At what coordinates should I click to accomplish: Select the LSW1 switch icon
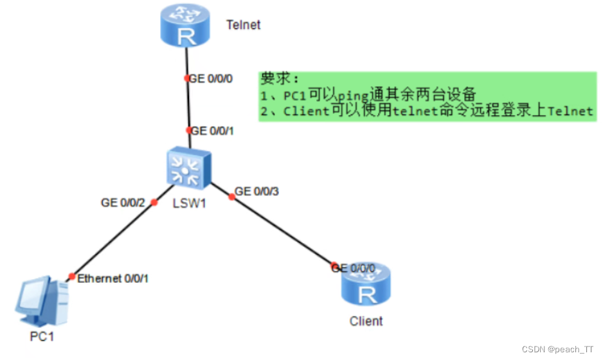(x=186, y=169)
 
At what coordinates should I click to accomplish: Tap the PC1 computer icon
(x=42, y=302)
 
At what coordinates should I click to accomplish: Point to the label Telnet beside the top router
(x=244, y=25)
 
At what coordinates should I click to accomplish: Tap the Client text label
(x=366, y=321)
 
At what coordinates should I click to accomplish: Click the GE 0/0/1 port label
(x=213, y=130)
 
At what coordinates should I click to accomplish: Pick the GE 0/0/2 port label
(x=122, y=203)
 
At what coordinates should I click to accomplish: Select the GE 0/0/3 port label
(x=256, y=191)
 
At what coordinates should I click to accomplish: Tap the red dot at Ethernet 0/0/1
(x=71, y=276)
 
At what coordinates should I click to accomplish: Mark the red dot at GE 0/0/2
(x=154, y=203)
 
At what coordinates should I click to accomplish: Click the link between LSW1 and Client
(x=283, y=231)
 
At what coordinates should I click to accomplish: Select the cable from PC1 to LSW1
(x=113, y=239)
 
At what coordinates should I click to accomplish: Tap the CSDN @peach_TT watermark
(x=558, y=349)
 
